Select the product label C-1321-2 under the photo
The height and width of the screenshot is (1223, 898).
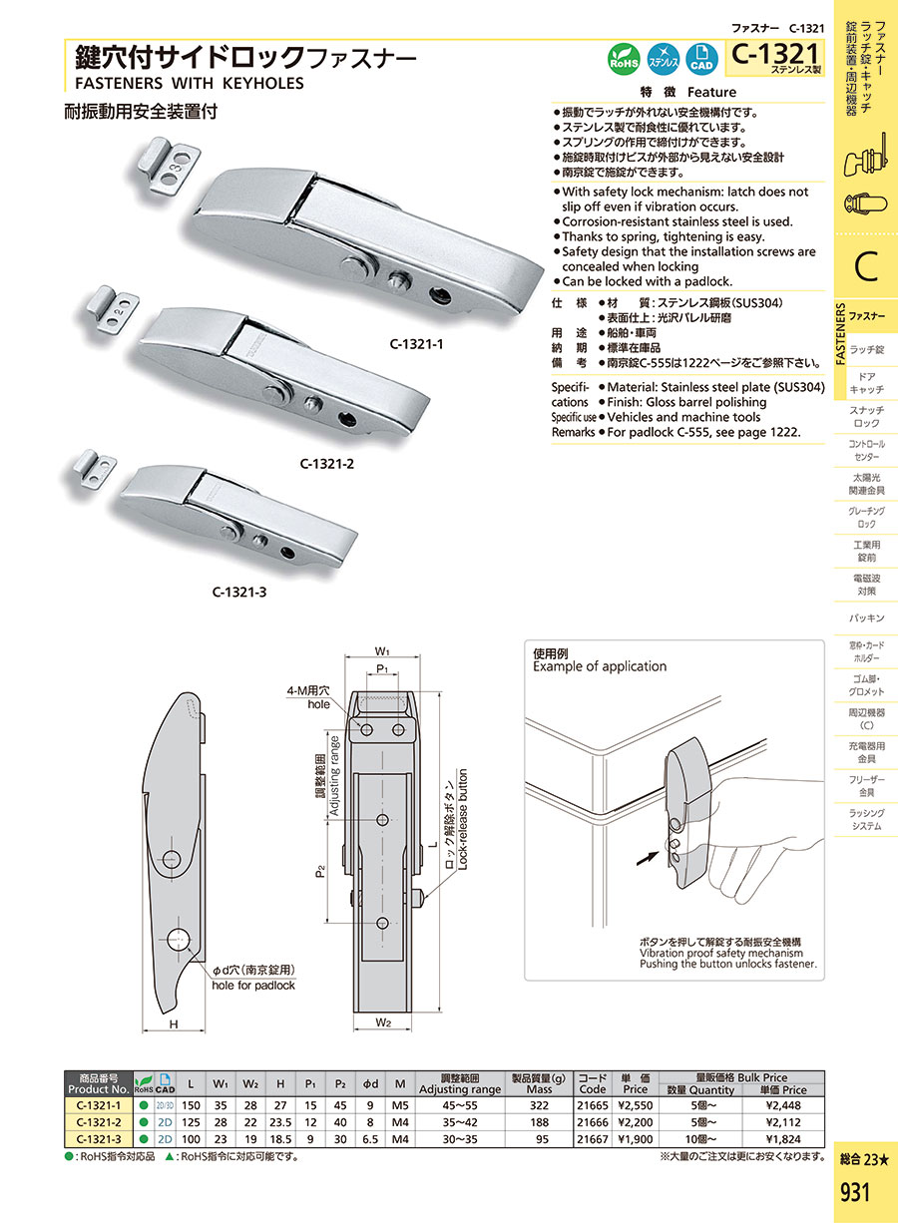(327, 463)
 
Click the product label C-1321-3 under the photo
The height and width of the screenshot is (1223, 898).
(239, 592)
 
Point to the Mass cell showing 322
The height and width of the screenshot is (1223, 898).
(538, 1105)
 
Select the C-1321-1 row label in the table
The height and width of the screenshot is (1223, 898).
(98, 1105)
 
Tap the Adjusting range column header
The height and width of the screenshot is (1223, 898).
(460, 1084)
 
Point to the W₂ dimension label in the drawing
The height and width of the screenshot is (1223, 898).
(383, 1022)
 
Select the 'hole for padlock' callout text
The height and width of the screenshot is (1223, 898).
(253, 986)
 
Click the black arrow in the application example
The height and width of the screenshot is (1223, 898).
(648, 854)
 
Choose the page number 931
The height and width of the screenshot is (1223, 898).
(855, 1193)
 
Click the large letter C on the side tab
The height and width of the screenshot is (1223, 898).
(865, 266)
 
